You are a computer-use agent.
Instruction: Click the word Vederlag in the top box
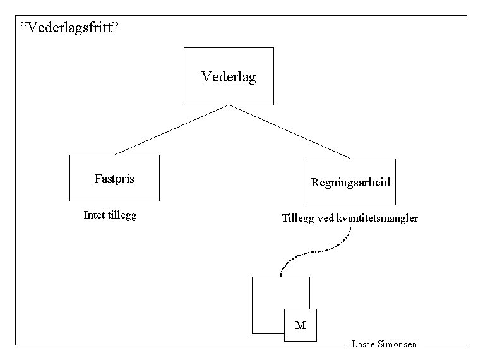[229, 76]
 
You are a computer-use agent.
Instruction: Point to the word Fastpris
[114, 179]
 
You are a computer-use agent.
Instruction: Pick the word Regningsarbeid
[350, 183]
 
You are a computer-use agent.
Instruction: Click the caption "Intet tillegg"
[110, 215]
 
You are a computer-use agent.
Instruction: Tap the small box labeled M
[301, 325]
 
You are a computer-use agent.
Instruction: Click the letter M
[301, 326]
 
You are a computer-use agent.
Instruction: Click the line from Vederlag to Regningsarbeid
[289, 131]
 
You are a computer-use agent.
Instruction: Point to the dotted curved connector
[316, 251]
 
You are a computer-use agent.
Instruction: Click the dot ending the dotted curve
[280, 275]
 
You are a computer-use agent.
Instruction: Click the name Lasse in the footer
[363, 345]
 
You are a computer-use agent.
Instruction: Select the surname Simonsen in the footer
[397, 345]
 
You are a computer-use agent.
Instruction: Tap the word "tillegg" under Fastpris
[122, 215]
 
